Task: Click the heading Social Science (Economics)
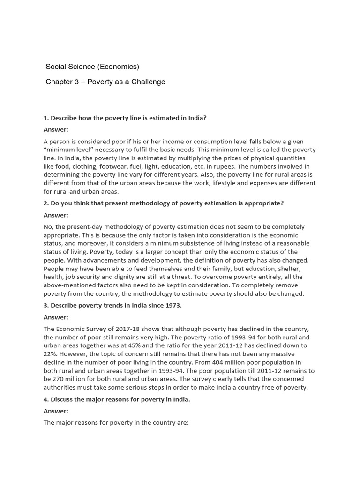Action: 92,67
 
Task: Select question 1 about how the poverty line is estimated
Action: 125,118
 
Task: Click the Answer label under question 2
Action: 56,215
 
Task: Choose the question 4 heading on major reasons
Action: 117,399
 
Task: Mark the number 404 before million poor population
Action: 250,362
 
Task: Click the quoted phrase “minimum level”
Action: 65,150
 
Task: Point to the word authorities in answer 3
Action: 61,388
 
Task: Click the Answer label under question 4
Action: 56,411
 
